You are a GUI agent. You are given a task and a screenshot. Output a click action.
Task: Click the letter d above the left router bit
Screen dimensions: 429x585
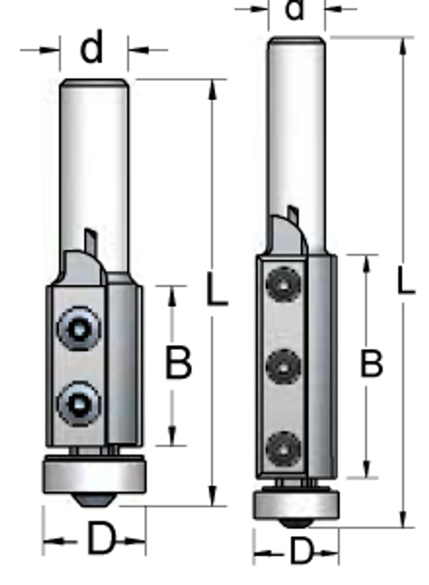coord(92,47)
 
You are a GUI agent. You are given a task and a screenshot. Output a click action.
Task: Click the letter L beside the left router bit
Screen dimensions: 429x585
coord(217,290)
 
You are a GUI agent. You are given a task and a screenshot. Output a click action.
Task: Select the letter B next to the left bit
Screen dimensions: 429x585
coord(178,362)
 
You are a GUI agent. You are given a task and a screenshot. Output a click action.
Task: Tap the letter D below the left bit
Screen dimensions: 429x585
coord(100,538)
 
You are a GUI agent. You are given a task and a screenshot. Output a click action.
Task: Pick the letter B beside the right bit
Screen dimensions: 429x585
coord(372,363)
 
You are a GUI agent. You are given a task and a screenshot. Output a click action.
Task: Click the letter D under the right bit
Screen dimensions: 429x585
coord(300,551)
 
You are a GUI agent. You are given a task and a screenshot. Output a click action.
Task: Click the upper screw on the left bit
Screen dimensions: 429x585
coord(80,329)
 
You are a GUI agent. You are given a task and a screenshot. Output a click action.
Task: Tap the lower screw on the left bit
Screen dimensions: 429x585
coord(80,403)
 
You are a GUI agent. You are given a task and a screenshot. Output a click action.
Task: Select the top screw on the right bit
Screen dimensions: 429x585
coord(284,285)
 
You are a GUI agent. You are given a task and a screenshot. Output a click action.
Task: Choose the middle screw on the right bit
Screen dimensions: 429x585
coord(284,367)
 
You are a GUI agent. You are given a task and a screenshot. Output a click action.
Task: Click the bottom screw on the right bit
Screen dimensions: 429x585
coord(284,449)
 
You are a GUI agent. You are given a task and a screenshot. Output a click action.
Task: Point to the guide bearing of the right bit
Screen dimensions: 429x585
coord(296,504)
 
